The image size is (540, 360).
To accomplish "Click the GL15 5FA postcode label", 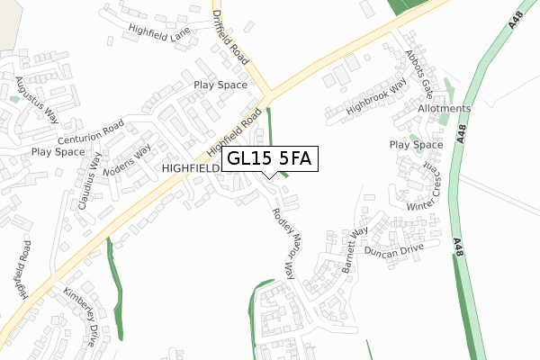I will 268,158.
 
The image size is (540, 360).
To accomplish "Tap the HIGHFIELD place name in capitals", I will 191,168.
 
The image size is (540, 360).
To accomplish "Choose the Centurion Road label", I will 91,133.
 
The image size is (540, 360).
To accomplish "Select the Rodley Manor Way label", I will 282,243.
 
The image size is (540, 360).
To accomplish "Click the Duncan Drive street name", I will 394,251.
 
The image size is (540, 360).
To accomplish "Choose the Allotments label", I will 444,109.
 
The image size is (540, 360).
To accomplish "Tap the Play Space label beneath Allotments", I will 416,145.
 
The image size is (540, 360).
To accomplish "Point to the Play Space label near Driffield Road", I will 220,85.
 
